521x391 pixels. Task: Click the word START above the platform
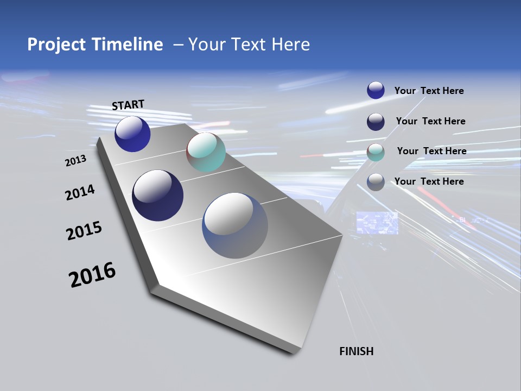[128, 104]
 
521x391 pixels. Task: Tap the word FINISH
[356, 351]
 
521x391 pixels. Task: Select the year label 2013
[76, 161]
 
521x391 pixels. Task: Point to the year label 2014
[80, 192]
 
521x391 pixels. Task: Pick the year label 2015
[84, 231]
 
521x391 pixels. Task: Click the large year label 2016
[92, 274]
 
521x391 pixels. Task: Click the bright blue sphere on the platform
[132, 134]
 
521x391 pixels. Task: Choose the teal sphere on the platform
[206, 152]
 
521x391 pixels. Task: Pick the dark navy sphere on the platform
[157, 195]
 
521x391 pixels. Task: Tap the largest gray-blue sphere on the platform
[234, 225]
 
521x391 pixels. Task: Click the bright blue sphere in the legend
[376, 90]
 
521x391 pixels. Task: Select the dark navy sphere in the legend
[376, 122]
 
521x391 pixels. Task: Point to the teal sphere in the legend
[376, 152]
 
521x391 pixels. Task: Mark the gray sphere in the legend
[376, 182]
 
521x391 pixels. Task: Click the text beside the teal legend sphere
[431, 151]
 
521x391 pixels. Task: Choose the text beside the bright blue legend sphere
[429, 91]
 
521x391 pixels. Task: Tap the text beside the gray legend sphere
[429, 181]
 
